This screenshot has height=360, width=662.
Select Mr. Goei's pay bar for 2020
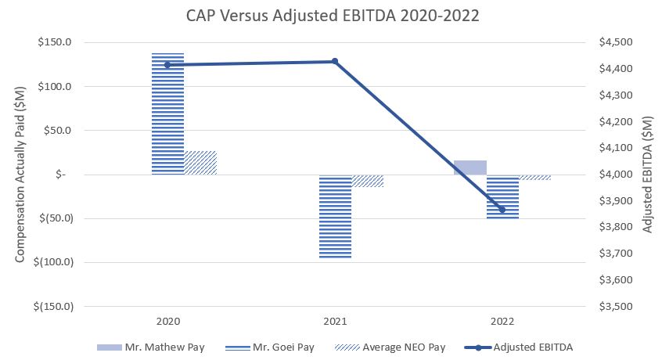coord(167,113)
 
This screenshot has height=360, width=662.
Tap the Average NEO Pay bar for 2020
coord(200,163)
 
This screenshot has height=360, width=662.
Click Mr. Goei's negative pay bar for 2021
coord(335,216)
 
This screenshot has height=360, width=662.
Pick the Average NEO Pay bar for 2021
coord(368,181)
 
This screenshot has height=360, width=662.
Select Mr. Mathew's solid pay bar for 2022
coord(470,167)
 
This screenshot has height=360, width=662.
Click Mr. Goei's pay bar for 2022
coord(502,196)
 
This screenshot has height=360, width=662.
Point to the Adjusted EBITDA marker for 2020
coord(167,65)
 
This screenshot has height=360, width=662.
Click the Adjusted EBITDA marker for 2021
coord(335,61)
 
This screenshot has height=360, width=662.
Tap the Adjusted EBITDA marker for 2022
coord(502,210)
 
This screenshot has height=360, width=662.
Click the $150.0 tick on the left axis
coord(57,42)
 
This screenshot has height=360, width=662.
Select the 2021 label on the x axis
coord(335,321)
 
